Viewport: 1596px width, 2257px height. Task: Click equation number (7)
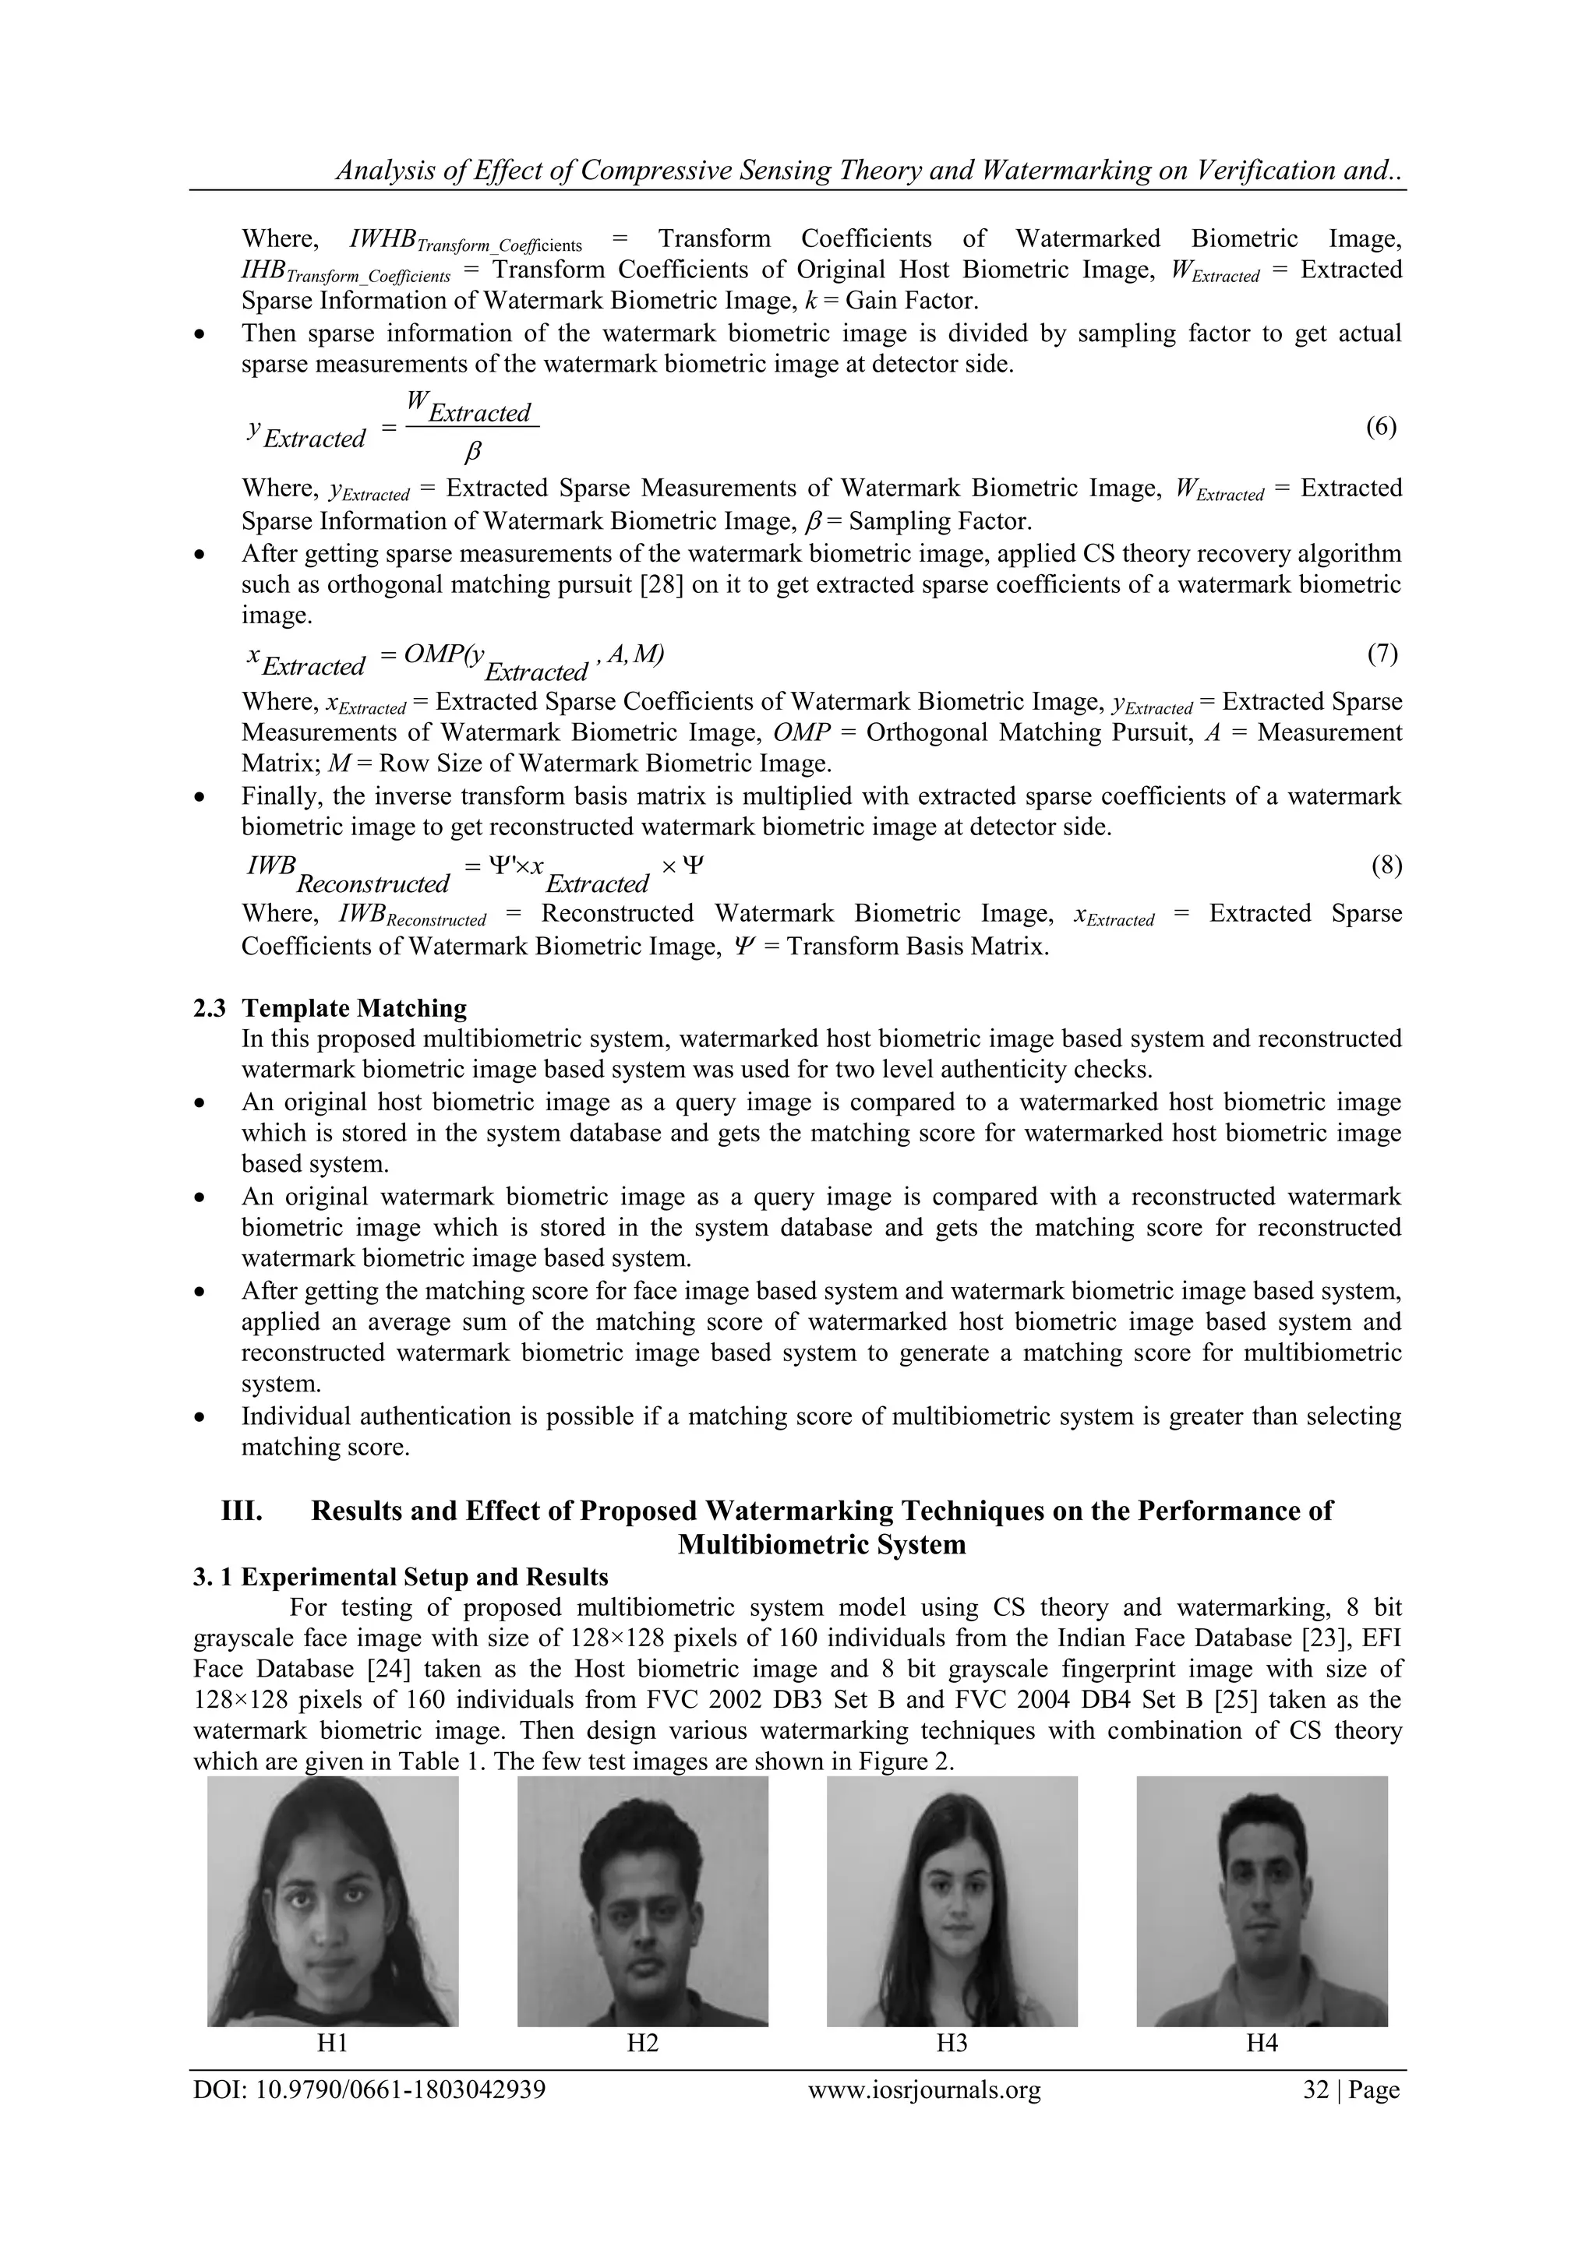click(x=1382, y=654)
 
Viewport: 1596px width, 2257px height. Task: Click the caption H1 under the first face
click(x=333, y=2044)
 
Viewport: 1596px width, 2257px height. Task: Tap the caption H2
click(x=642, y=2044)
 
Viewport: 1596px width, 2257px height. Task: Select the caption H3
click(x=952, y=2044)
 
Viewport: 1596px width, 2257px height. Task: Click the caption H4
click(x=1262, y=2044)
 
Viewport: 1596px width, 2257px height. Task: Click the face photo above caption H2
click(x=642, y=1901)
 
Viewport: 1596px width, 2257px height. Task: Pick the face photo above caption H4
click(x=1262, y=1901)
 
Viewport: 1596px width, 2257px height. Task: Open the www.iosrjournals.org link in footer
click(x=923, y=2090)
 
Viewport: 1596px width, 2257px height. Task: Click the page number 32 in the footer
click(x=1315, y=2090)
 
